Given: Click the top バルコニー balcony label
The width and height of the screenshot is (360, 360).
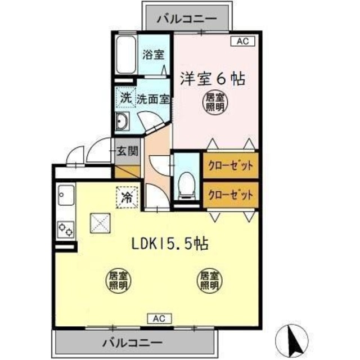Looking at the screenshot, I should (187, 19).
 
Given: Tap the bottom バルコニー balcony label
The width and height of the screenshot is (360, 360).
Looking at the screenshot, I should (133, 342).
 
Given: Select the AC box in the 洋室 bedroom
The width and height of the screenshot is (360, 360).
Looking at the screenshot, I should (242, 41).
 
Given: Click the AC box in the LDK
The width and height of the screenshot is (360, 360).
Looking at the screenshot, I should (159, 319).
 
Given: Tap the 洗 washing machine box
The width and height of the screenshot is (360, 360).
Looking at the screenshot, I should (125, 97).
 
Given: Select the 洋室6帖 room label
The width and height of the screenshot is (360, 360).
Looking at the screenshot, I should (213, 78).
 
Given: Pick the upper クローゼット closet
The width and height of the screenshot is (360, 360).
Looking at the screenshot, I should (231, 166).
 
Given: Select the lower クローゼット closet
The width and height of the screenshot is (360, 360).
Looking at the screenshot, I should (231, 195).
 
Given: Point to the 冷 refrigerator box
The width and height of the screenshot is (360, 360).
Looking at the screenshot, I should (127, 197).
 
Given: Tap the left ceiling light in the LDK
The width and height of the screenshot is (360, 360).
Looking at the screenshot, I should (118, 281).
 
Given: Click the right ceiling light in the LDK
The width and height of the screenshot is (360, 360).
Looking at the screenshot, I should (209, 281).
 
